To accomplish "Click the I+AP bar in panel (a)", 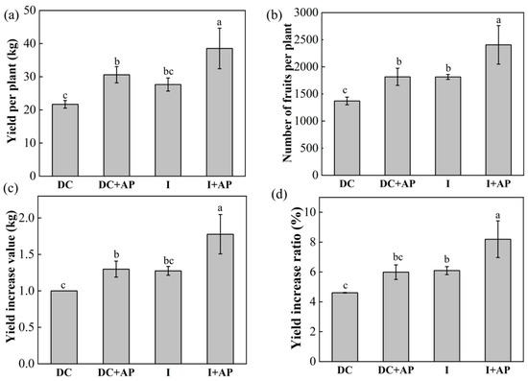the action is pos(220,112).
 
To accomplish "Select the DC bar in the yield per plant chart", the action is pos(65,140).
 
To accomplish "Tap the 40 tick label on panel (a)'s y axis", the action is pos(30,44).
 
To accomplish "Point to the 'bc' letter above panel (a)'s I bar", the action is pos(168,72).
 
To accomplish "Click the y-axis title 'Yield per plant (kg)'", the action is pos(12,92).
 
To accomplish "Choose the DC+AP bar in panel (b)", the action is pos(397,126).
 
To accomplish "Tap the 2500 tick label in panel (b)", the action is pos(305,39).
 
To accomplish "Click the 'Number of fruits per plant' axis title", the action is pos(287,92).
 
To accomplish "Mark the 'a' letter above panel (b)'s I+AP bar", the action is pos(498,20).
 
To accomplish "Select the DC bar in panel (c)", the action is pos(64,327).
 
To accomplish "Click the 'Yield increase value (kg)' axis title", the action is pos(11,278).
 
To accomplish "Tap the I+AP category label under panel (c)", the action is pos(220,372).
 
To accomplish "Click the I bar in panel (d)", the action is pos(446,316).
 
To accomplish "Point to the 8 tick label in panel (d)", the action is pos(314,243).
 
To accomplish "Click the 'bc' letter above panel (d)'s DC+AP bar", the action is pos(397,258).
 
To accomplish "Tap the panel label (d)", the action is pos(276,196).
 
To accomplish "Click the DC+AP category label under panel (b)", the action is pos(397,183).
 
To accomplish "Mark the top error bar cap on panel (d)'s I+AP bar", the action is pos(498,221).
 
